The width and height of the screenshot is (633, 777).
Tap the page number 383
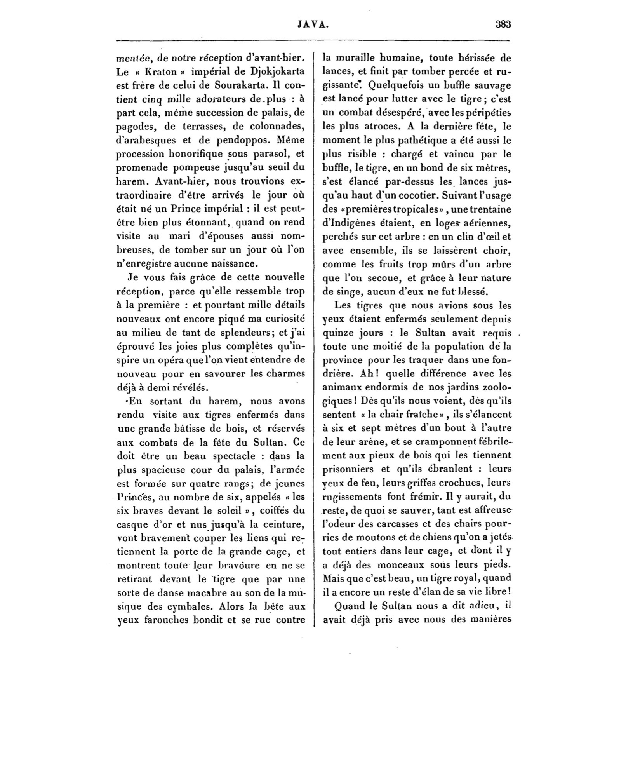click(x=503, y=24)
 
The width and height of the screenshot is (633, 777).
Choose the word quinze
click(x=337, y=333)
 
